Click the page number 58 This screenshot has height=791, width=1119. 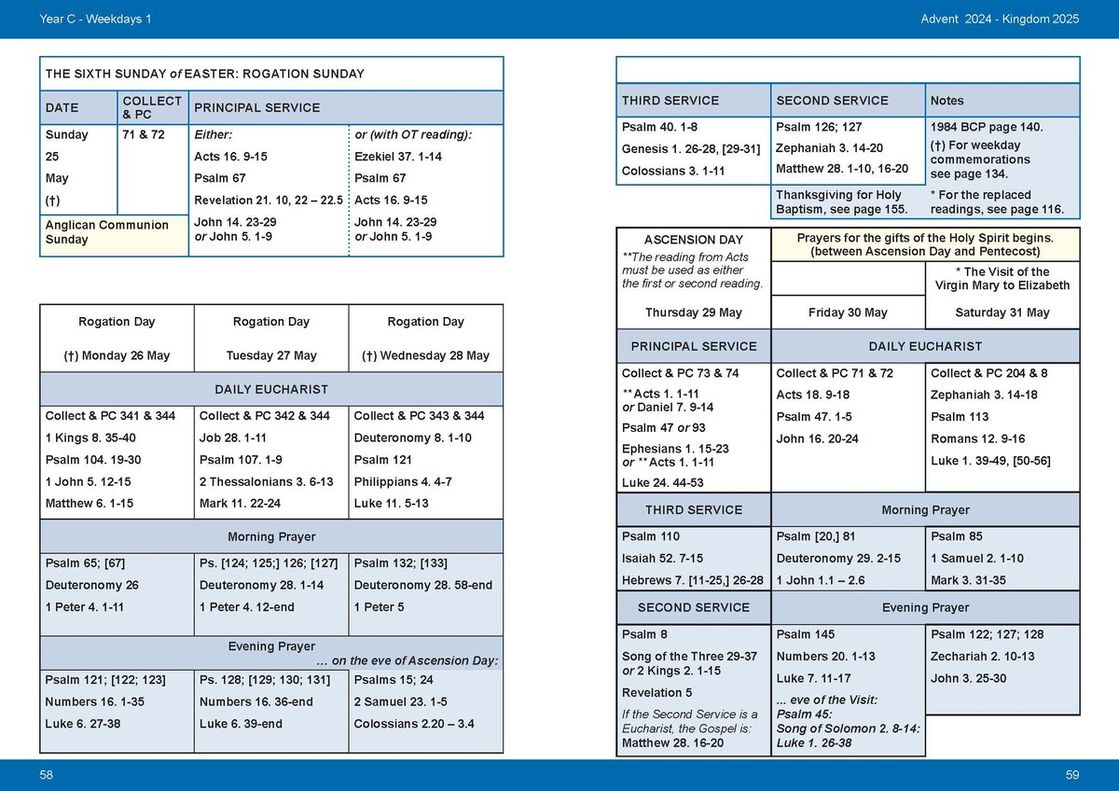click(x=47, y=775)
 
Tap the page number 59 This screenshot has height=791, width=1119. click(x=1071, y=775)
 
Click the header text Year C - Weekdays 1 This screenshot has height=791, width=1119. click(x=96, y=19)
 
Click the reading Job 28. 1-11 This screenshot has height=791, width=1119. click(x=233, y=438)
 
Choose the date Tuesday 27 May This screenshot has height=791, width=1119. click(x=271, y=355)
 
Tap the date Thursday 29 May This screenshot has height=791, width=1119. click(x=693, y=312)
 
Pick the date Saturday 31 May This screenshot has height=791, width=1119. click(x=1002, y=312)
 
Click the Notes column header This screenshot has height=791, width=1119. click(x=947, y=101)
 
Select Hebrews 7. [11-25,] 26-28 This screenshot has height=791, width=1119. click(x=693, y=580)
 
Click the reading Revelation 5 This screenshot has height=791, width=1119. click(x=656, y=693)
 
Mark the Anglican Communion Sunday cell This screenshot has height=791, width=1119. click(x=107, y=232)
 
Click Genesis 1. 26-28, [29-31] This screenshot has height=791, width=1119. click(x=691, y=149)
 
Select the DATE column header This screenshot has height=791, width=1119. click(x=62, y=108)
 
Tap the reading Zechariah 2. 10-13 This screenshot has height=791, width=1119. click(x=983, y=657)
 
